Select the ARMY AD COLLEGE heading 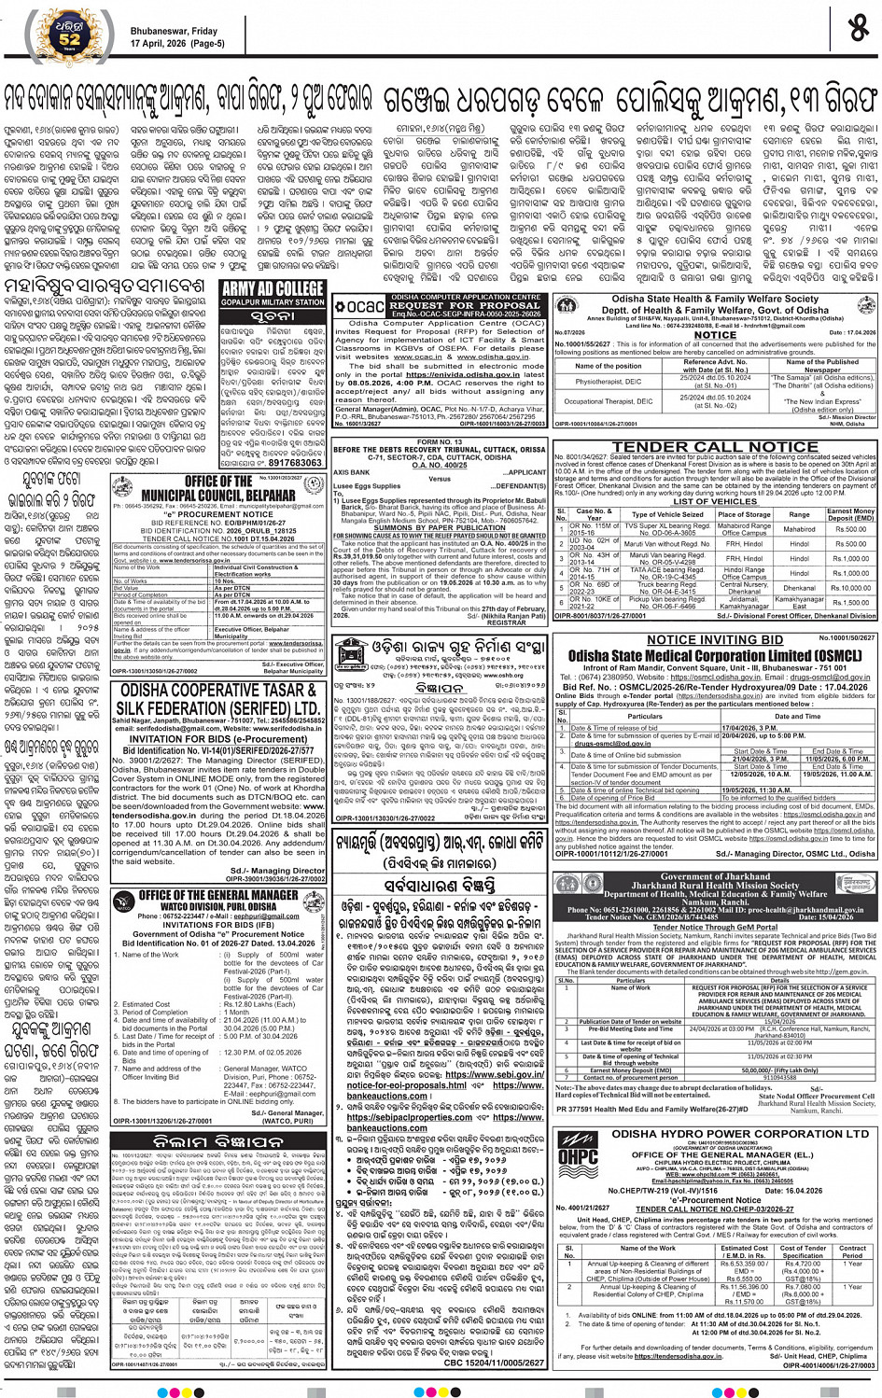pos(273,289)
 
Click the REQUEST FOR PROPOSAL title pos(465,305)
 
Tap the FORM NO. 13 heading pos(439,441)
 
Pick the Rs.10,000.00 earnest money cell pos(850,588)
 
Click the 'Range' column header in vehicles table pos(799,514)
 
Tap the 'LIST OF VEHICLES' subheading pos(715,501)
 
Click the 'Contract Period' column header pos(851,1251)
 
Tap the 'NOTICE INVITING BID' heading pos(715,640)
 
